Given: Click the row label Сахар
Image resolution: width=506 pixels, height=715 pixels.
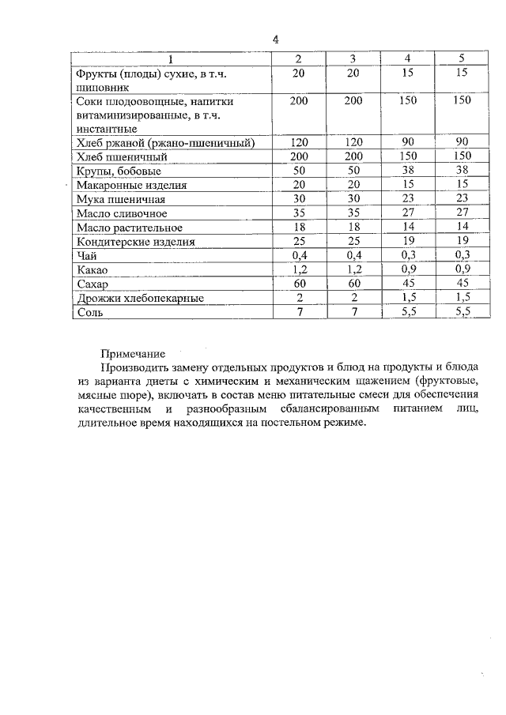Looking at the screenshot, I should click(93, 284).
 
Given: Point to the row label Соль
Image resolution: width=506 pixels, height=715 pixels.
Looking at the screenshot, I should click(89, 313).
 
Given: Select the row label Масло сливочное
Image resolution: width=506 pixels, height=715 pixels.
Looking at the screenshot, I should click(121, 213).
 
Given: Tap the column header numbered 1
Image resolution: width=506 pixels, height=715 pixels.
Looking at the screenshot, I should click(170, 59).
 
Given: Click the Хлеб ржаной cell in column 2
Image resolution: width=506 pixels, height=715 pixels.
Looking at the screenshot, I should click(298, 142).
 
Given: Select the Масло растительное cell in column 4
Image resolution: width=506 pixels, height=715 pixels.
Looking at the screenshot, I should click(407, 228).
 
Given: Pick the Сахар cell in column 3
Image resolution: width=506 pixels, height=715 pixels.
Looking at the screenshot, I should click(353, 284).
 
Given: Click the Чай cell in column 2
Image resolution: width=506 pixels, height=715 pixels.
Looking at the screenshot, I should click(298, 256).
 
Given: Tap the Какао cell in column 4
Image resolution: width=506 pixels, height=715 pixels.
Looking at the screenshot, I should click(407, 270).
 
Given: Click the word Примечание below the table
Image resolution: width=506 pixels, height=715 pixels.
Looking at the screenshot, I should click(133, 355).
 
